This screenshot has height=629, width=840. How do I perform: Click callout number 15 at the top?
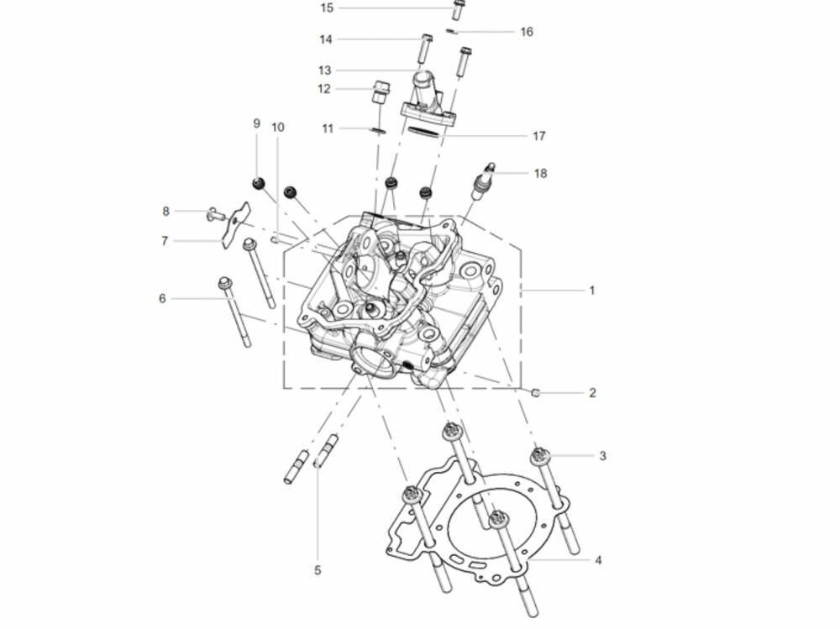pyautogui.click(x=326, y=8)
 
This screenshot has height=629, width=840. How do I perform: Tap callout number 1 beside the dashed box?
pyautogui.click(x=592, y=291)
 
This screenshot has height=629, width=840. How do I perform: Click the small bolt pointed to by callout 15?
pyautogui.click(x=458, y=8)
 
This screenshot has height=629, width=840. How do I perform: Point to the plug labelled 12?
pyautogui.click(x=381, y=92)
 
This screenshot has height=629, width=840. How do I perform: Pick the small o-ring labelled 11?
pyautogui.click(x=378, y=130)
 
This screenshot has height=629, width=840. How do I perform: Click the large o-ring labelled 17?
pyautogui.click(x=423, y=132)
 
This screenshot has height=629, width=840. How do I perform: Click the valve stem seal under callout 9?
pyautogui.click(x=260, y=184)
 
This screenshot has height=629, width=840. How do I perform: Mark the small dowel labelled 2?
pyautogui.click(x=534, y=393)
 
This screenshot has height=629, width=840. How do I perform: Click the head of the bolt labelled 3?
pyautogui.click(x=540, y=455)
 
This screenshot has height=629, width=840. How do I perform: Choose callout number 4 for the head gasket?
pyautogui.click(x=598, y=560)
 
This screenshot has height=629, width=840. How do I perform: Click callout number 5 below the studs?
pyautogui.click(x=318, y=570)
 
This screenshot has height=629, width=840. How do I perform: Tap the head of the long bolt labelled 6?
pyautogui.click(x=224, y=282)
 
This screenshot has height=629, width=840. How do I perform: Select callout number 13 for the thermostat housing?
pyautogui.click(x=324, y=71)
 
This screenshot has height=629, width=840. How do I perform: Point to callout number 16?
pyautogui.click(x=527, y=32)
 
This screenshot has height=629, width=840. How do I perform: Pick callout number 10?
pyautogui.click(x=277, y=128)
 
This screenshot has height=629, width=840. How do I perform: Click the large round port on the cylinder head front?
pyautogui.click(x=370, y=360)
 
